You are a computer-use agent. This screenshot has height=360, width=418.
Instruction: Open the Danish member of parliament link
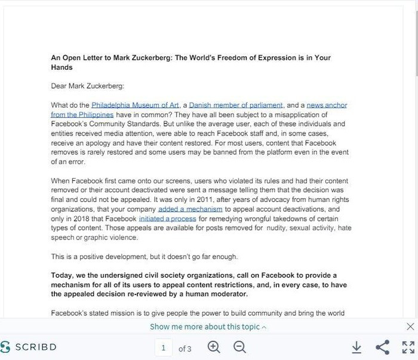pyautogui.click(x=236, y=105)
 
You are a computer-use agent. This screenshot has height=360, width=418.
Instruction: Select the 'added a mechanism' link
pyautogui.click(x=190, y=210)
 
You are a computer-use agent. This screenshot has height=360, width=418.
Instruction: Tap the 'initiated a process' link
pyautogui.click(x=167, y=219)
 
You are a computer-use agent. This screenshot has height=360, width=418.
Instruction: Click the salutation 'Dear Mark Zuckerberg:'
pyautogui.click(x=87, y=86)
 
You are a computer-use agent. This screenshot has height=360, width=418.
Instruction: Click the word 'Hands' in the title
pyautogui.click(x=62, y=67)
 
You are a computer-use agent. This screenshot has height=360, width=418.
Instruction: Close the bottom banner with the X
pyautogui.click(x=410, y=327)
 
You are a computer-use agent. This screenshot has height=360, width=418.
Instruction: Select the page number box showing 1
pyautogui.click(x=164, y=347)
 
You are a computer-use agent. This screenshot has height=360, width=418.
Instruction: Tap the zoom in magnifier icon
pyautogui.click(x=214, y=347)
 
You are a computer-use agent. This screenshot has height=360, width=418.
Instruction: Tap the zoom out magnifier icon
pyautogui.click(x=239, y=347)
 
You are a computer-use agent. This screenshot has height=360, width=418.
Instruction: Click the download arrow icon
pyautogui.click(x=356, y=347)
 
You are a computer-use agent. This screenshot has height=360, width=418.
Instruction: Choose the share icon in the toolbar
pyautogui.click(x=382, y=347)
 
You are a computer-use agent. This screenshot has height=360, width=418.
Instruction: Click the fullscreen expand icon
pyautogui.click(x=408, y=347)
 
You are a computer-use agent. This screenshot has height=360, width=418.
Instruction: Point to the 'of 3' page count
pyautogui.click(x=185, y=348)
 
